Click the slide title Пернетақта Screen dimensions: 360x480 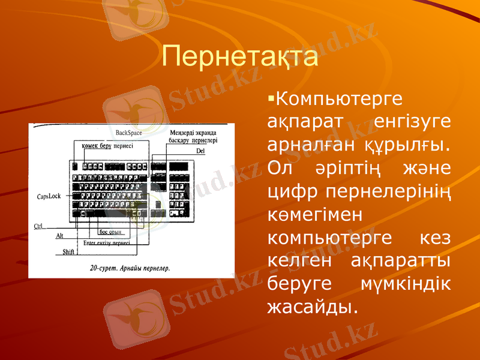[239, 58]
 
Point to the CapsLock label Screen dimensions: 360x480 [49, 196]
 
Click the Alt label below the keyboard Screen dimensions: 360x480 [59, 236]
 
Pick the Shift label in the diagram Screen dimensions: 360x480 [68, 252]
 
